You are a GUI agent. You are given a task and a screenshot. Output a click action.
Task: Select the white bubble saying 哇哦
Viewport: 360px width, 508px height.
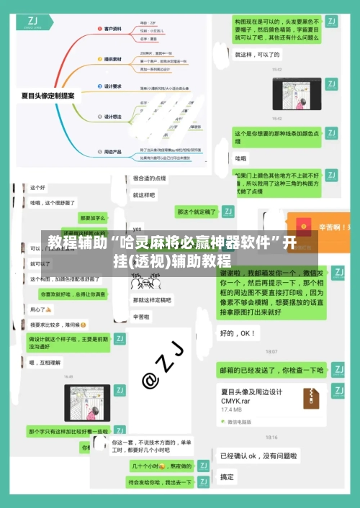240,158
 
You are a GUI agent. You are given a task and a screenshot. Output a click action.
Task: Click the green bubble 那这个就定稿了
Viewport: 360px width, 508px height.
197,212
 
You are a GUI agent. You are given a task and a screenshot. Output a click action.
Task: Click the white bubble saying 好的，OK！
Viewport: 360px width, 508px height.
238,333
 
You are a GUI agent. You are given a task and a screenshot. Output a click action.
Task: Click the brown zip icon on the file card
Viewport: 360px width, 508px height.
311,397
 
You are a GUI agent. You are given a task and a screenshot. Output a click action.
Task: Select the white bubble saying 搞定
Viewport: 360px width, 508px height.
227,477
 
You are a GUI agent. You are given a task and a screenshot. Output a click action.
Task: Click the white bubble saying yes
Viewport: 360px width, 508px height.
137,229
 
